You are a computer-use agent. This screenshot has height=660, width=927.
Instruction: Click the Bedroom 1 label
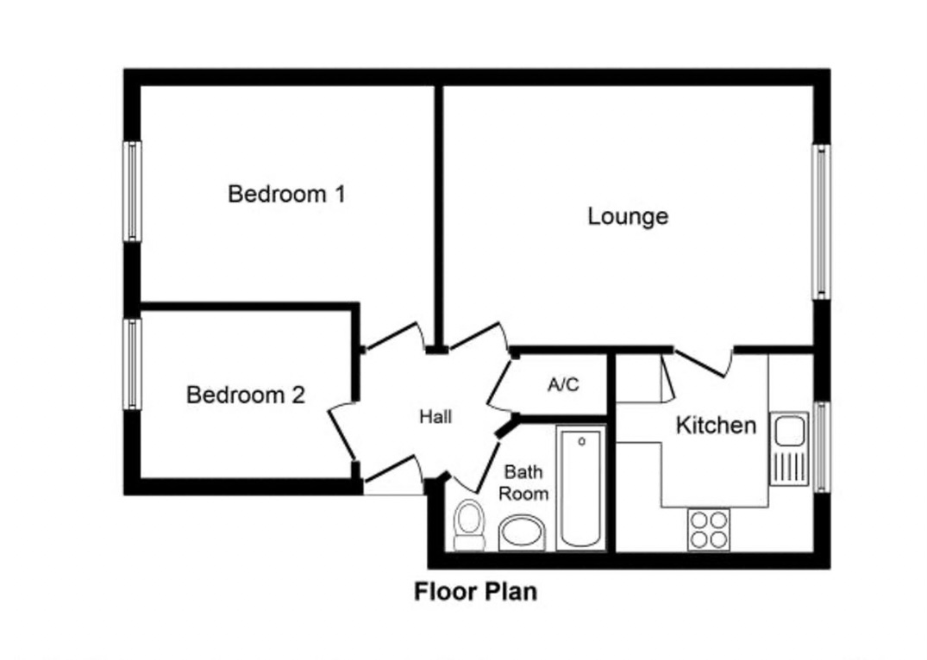click(286, 194)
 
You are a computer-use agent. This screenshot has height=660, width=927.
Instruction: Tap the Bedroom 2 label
click(246, 395)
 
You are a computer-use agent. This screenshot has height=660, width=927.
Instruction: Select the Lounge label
click(628, 215)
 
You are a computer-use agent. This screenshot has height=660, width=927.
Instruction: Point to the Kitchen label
click(716, 425)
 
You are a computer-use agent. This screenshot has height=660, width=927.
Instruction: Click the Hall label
click(435, 417)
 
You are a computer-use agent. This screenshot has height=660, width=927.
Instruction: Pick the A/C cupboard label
click(563, 384)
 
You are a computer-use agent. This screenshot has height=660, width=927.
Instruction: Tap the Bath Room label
click(524, 483)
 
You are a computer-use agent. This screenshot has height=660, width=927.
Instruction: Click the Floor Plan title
click(476, 592)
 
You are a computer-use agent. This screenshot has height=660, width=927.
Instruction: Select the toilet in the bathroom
click(469, 524)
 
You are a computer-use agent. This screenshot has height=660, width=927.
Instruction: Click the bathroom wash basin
click(522, 532)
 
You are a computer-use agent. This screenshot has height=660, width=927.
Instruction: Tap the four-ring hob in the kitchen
click(709, 529)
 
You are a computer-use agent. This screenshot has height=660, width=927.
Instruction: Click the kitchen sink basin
click(789, 428)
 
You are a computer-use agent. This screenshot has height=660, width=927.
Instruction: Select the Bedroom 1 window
click(132, 191)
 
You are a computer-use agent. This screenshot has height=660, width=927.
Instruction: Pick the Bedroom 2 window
click(132, 364)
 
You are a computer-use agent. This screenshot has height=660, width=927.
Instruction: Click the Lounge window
click(820, 221)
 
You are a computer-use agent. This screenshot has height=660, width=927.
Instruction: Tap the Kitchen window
click(820, 446)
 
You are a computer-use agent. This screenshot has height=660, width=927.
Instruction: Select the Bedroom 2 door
click(342, 431)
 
